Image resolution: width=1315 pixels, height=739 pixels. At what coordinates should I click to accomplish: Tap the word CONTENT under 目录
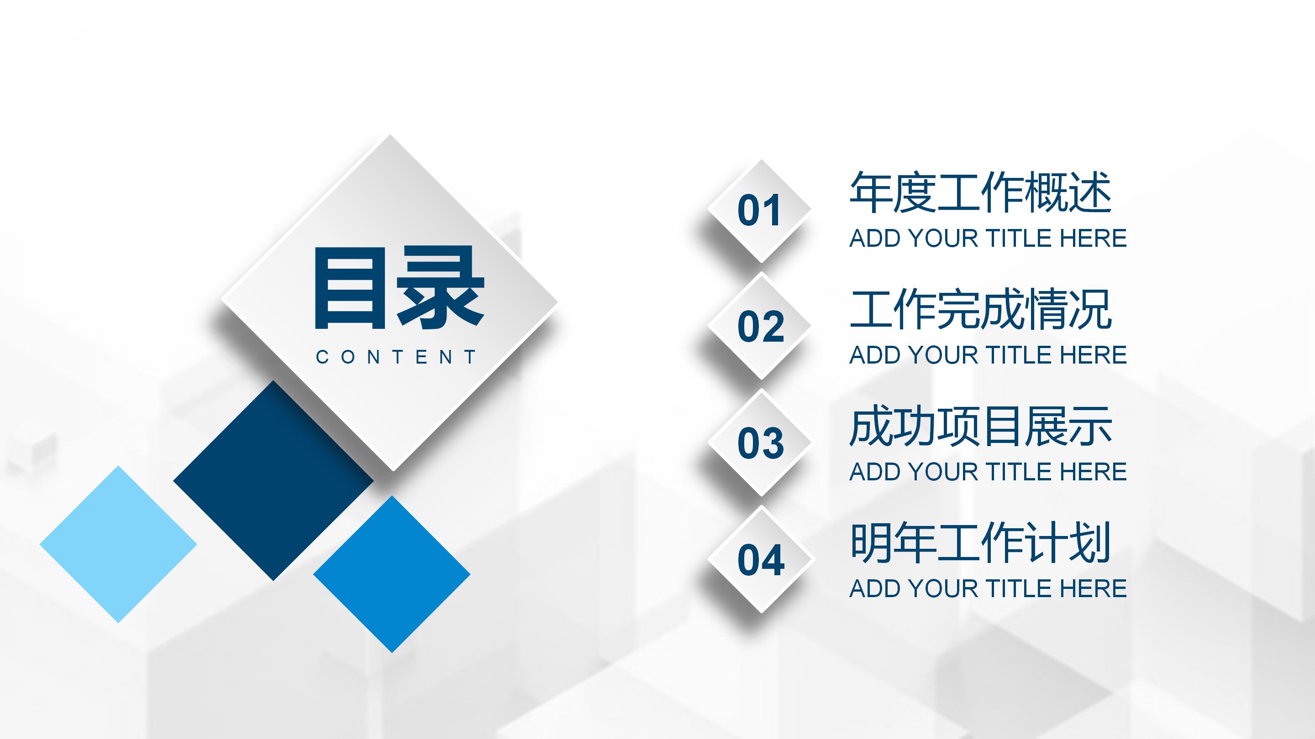[x=396, y=357]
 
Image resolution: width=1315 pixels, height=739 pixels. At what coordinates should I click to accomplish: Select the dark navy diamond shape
[x=274, y=480]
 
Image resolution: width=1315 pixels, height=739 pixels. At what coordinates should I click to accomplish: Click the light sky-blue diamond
[x=118, y=544]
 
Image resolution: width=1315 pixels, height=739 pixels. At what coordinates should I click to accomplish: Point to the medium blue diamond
[x=392, y=574]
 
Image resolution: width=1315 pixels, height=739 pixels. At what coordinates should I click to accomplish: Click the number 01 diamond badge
[x=760, y=211]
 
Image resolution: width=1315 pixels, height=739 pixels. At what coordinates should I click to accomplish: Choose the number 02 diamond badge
[x=761, y=327]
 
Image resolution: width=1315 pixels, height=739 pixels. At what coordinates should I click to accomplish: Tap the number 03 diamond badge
[x=761, y=442]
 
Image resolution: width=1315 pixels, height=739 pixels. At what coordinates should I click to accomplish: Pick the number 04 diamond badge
[x=761, y=559]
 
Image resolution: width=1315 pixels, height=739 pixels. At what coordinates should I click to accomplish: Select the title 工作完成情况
[x=981, y=309]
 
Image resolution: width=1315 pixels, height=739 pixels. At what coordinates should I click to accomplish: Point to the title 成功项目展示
[x=981, y=426]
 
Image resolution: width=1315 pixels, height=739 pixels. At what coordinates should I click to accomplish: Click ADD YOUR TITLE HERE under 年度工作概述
[x=988, y=238]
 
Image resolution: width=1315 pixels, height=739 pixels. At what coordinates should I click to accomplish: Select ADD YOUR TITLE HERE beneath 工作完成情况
[x=988, y=355]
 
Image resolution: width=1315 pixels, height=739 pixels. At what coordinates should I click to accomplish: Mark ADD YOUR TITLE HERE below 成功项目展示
[x=988, y=472]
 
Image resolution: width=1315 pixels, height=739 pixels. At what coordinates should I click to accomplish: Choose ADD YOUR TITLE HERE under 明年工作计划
[x=988, y=588]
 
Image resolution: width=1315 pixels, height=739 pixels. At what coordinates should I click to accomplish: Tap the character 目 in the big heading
[x=350, y=288]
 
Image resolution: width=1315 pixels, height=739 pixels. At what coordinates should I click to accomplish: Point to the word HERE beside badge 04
[x=1093, y=588]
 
